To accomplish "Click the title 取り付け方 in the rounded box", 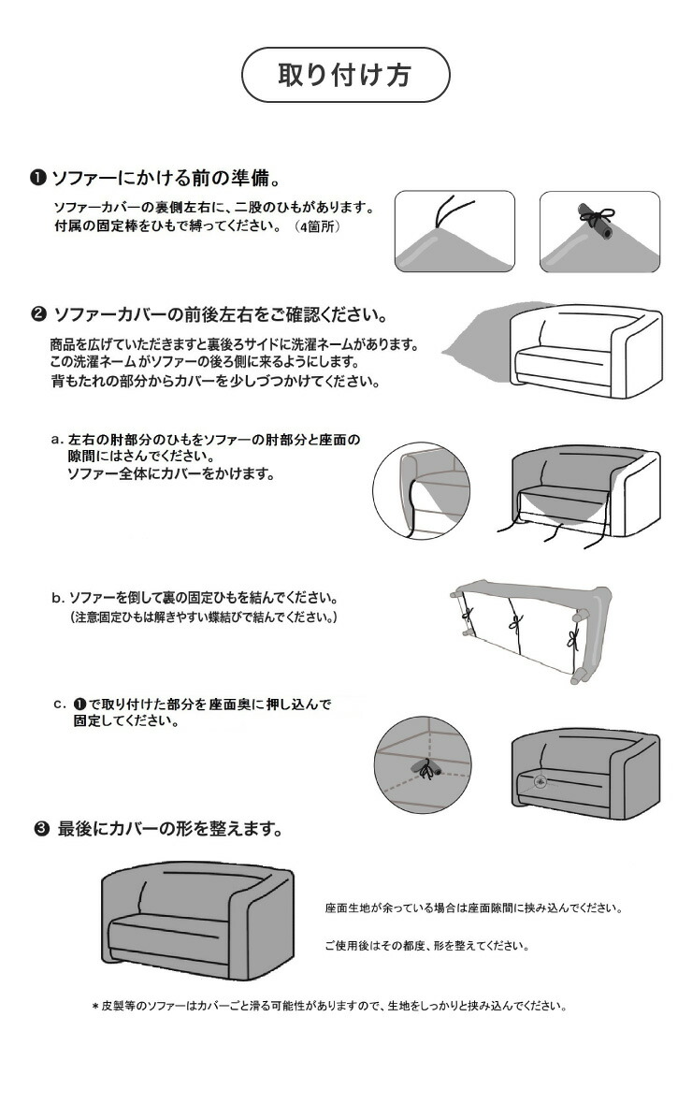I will (345, 76).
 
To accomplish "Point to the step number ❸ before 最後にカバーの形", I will (41, 829).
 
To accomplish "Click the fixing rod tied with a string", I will (595, 222).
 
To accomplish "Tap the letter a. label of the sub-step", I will (56, 439).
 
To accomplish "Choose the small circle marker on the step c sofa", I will (540, 779).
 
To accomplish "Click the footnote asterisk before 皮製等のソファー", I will (94, 1008).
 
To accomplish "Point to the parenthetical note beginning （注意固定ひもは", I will (203, 618).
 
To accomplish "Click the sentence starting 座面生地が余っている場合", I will (473, 908).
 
